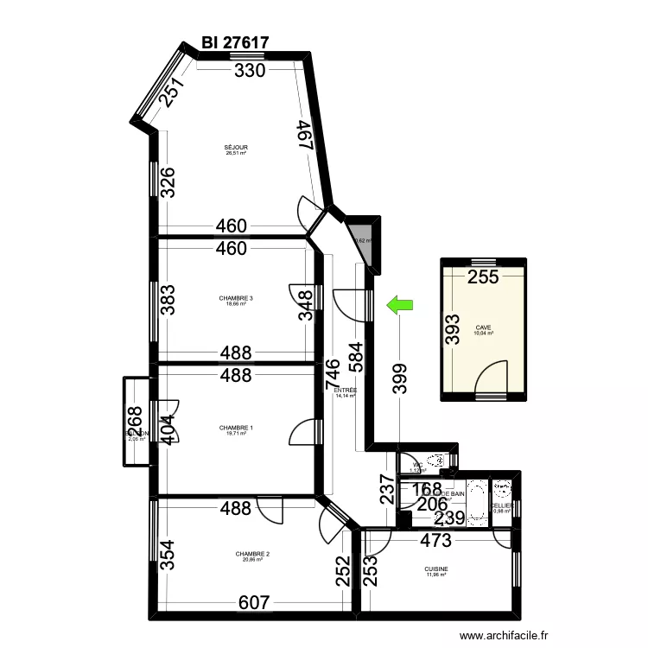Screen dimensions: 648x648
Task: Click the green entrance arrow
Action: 399,303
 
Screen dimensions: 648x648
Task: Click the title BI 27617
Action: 235,42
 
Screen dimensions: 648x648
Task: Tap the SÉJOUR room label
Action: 236,149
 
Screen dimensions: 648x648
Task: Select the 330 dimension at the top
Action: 250,72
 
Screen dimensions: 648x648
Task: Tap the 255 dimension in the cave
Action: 483,277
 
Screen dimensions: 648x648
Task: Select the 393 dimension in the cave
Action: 454,328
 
